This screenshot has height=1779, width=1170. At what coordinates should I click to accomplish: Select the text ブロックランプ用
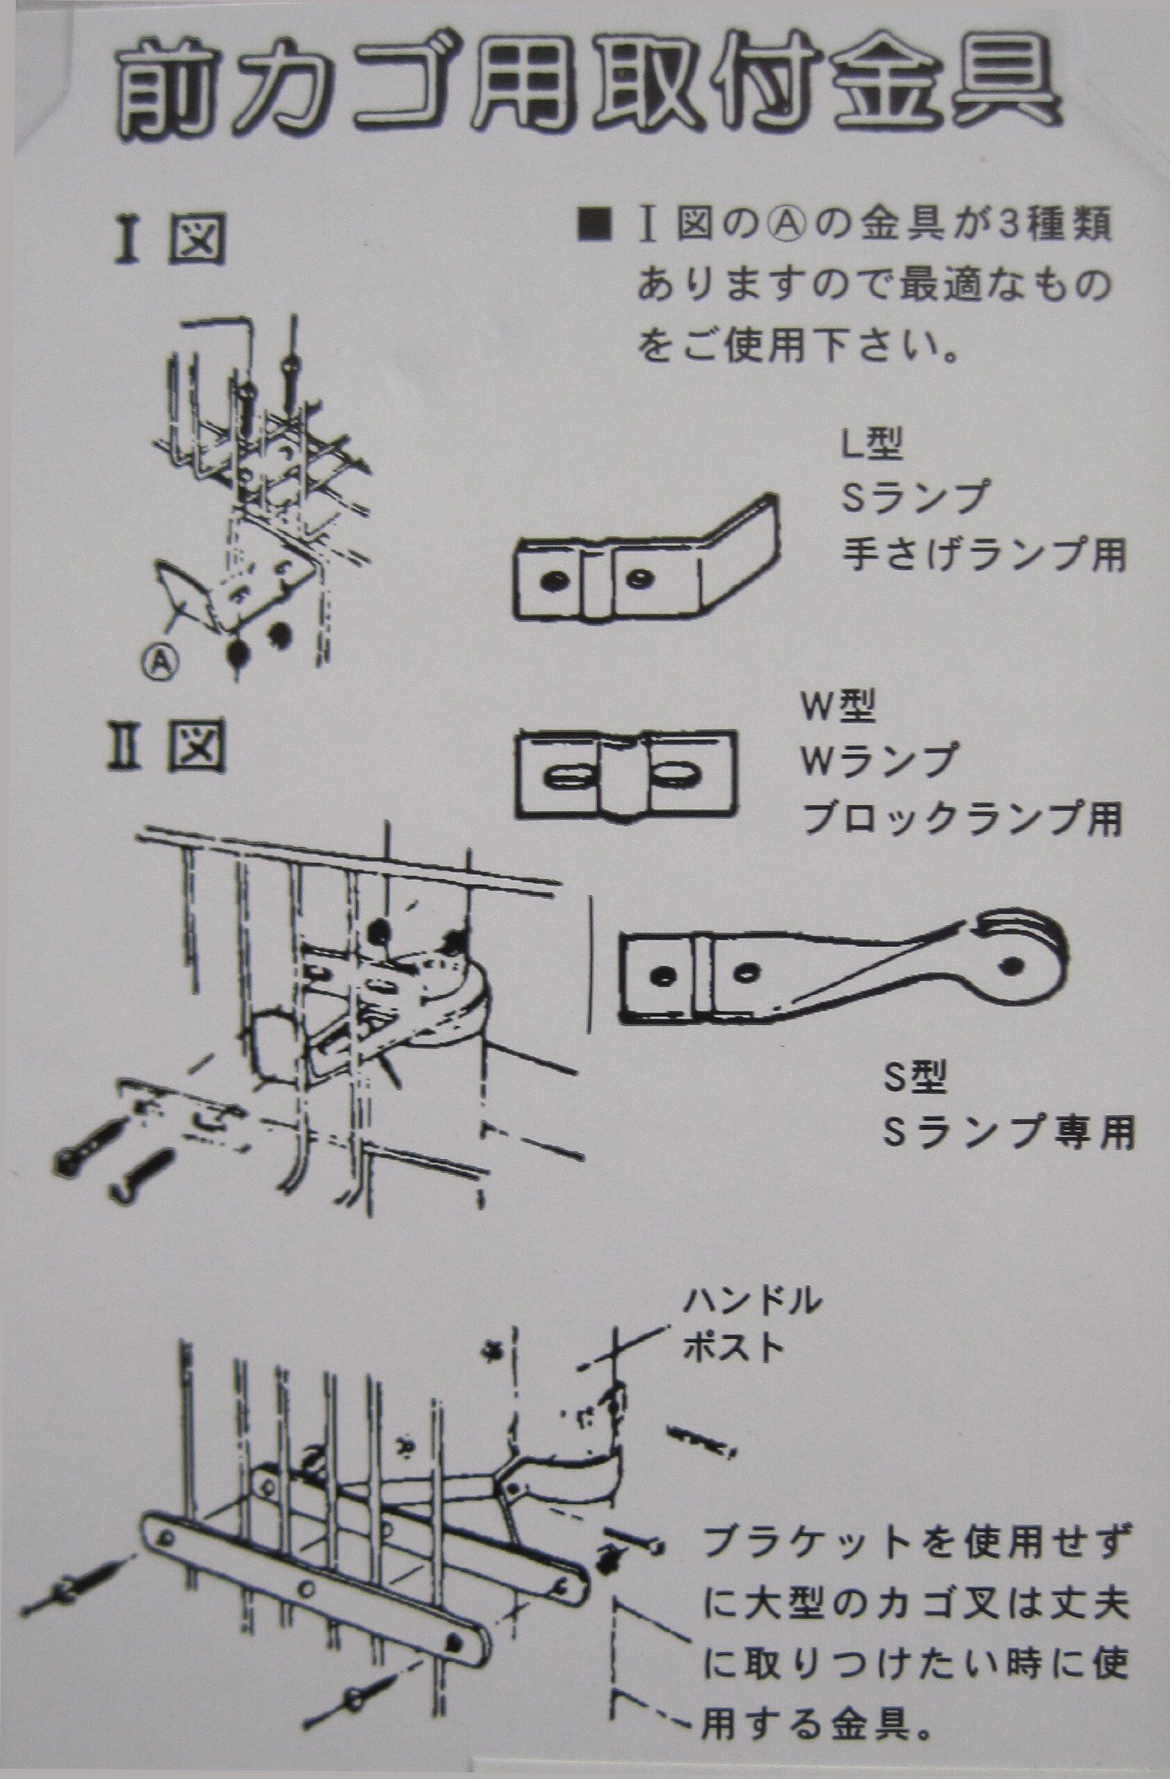961,819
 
